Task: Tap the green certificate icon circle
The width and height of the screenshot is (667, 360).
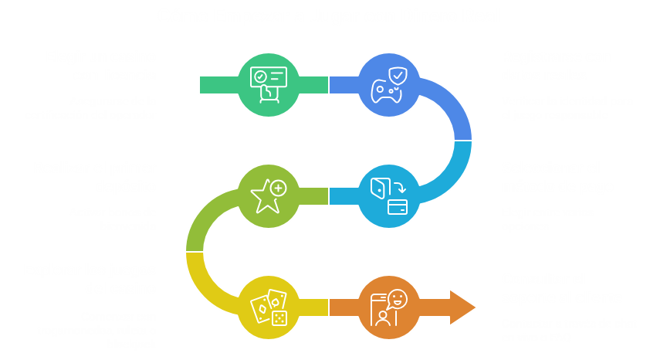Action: tap(267, 83)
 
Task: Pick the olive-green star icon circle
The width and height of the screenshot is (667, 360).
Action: tap(267, 195)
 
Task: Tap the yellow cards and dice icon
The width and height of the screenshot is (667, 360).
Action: tap(267, 307)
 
